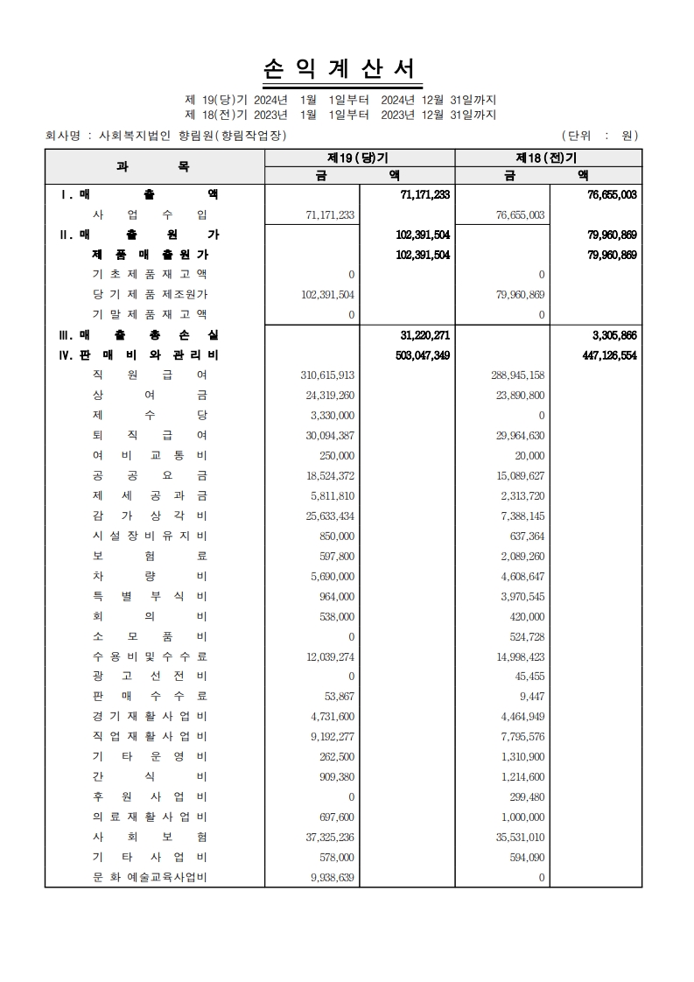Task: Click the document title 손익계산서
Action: tap(340, 70)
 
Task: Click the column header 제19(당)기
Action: tap(359, 158)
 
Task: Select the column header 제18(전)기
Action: tap(548, 158)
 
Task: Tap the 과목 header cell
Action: tap(154, 166)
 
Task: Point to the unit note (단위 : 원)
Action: tap(599, 136)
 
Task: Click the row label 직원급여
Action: tap(150, 375)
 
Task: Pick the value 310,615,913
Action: tap(326, 375)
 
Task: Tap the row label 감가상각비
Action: tap(150, 516)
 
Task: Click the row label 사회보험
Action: tap(150, 837)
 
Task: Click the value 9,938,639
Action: tap(333, 877)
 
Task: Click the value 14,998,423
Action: tap(520, 656)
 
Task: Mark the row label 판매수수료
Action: tap(150, 697)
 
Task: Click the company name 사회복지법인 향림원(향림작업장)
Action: tap(193, 136)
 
